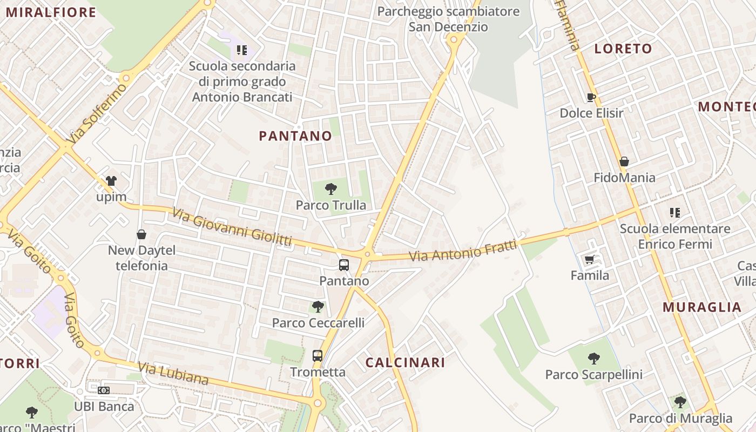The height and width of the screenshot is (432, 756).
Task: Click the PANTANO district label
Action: click(295, 136)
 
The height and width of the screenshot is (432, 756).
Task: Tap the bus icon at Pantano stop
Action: click(344, 265)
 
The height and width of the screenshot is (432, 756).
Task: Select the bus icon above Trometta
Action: click(318, 356)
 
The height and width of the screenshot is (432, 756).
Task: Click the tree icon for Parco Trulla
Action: click(331, 189)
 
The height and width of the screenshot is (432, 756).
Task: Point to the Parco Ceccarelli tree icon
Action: click(318, 307)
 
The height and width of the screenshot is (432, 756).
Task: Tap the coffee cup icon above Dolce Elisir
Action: click(591, 97)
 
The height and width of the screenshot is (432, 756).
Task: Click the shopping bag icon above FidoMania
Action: click(624, 161)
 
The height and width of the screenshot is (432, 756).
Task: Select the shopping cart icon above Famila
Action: click(590, 259)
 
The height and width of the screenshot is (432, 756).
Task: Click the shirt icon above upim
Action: click(111, 181)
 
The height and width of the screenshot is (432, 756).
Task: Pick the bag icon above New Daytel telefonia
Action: click(141, 234)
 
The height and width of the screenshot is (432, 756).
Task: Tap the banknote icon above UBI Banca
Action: click(104, 390)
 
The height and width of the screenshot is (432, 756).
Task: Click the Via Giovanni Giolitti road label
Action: click(232, 227)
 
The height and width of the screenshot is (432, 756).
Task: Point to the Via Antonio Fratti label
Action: click(463, 251)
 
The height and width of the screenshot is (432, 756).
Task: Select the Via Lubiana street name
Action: click(173, 374)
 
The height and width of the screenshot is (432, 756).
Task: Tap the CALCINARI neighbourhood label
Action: click(405, 363)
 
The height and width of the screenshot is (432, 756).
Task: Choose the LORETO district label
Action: click(623, 49)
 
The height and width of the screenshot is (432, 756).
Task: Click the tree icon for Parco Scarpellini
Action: click(594, 358)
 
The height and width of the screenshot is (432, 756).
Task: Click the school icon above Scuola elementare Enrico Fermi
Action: click(675, 213)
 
